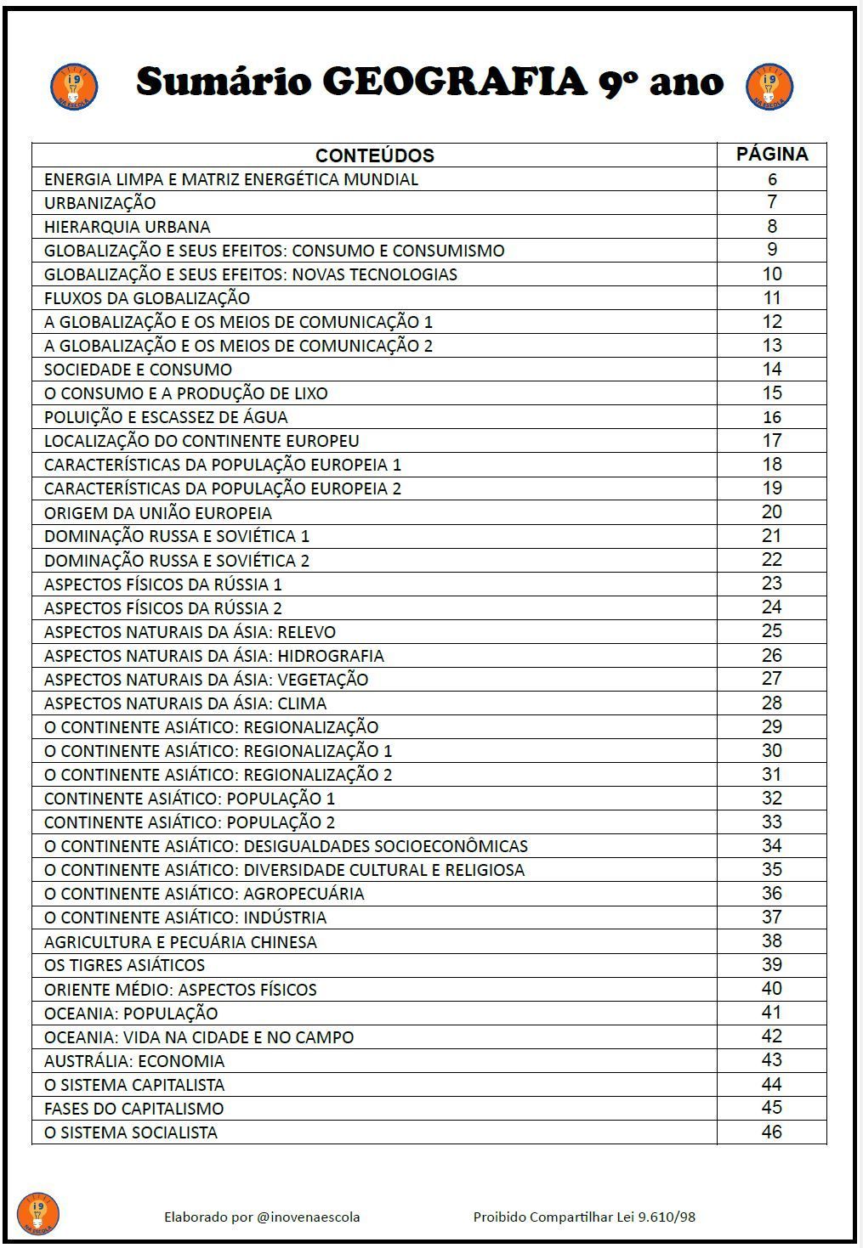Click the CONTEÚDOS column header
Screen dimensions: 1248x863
374,155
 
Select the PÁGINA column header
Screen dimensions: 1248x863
771,155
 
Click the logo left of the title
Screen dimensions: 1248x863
74,86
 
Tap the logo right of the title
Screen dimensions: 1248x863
769,86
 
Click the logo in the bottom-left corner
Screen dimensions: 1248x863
38,1213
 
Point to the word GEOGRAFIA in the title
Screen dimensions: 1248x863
455,82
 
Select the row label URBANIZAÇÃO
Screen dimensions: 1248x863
100,203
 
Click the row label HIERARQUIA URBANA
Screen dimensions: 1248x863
128,227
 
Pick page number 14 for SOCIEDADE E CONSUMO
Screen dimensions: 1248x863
771,369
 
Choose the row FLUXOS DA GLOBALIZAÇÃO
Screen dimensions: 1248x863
147,298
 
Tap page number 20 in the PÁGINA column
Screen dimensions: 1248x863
771,511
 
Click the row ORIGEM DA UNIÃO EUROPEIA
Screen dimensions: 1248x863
158,513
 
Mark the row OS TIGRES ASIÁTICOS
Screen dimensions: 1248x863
125,965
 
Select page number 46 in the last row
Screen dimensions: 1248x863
771,1132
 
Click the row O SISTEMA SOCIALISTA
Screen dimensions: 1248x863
131,1132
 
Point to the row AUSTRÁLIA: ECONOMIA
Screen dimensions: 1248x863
134,1061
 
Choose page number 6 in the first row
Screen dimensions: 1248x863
772,179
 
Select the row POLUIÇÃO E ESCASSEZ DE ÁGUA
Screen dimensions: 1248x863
166,417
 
